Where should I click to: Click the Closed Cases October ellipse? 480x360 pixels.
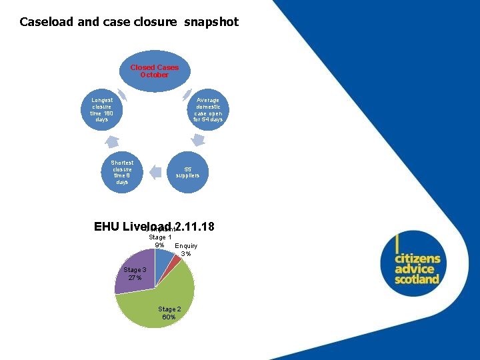click(x=154, y=72)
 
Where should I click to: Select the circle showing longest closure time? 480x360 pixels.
click(x=101, y=110)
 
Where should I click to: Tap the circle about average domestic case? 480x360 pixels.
click(x=208, y=110)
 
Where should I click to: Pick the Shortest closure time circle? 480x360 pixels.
click(x=122, y=172)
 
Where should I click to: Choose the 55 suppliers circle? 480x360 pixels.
click(x=187, y=172)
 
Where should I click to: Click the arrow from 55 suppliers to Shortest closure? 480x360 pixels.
click(x=155, y=172)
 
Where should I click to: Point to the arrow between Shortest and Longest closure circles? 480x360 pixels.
click(x=111, y=141)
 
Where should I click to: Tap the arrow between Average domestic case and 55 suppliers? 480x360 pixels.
click(x=197, y=141)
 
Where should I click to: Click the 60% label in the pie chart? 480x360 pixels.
click(x=169, y=317)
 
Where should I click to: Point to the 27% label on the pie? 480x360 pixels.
click(x=135, y=278)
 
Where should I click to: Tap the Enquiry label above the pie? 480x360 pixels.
click(x=186, y=246)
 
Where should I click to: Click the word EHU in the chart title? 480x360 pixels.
click(x=106, y=227)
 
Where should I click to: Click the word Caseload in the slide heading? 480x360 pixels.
click(x=47, y=22)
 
